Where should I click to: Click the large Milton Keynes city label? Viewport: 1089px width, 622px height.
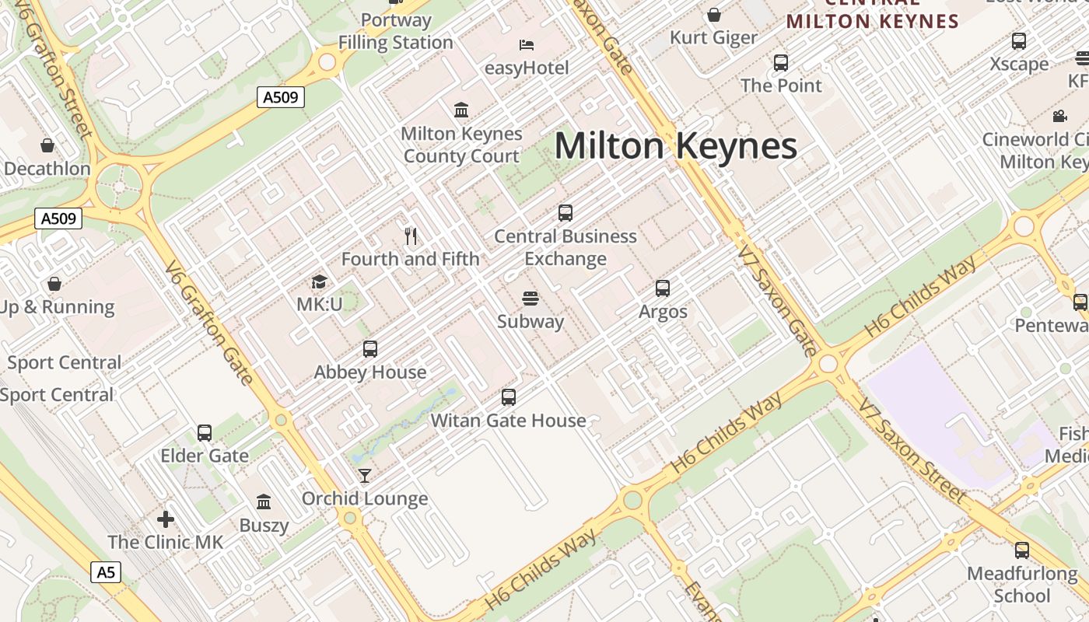pyautogui.click(x=675, y=146)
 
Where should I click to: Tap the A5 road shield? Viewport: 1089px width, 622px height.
pyautogui.click(x=106, y=573)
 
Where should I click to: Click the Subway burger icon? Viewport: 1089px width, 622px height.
pyautogui.click(x=530, y=298)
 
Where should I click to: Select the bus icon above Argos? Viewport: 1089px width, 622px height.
pyautogui.click(x=663, y=288)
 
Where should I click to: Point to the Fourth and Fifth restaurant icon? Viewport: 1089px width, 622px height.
pyautogui.click(x=411, y=235)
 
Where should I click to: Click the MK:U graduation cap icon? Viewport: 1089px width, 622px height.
pyautogui.click(x=319, y=281)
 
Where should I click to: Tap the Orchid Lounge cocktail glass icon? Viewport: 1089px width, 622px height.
pyautogui.click(x=364, y=475)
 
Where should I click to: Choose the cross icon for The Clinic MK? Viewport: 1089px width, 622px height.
pyautogui.click(x=165, y=519)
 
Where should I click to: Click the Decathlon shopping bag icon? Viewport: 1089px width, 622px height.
pyautogui.click(x=47, y=145)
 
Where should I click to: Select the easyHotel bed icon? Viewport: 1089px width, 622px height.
pyautogui.click(x=527, y=44)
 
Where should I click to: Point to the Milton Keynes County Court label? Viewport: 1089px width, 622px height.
pyautogui.click(x=461, y=145)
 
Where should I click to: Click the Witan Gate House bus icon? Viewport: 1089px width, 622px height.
pyautogui.click(x=509, y=397)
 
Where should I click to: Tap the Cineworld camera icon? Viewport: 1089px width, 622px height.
pyautogui.click(x=1059, y=116)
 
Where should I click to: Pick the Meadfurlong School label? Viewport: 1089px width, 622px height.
pyautogui.click(x=1022, y=585)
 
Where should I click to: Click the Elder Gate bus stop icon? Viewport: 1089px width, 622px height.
pyautogui.click(x=205, y=432)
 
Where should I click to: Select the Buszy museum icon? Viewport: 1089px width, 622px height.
pyautogui.click(x=264, y=501)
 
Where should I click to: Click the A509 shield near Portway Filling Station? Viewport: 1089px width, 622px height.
pyautogui.click(x=280, y=97)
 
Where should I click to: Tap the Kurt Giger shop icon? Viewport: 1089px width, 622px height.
pyautogui.click(x=713, y=15)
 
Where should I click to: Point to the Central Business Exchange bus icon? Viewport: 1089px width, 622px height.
pyautogui.click(x=566, y=212)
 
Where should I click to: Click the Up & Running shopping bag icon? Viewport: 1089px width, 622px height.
pyautogui.click(x=54, y=284)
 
